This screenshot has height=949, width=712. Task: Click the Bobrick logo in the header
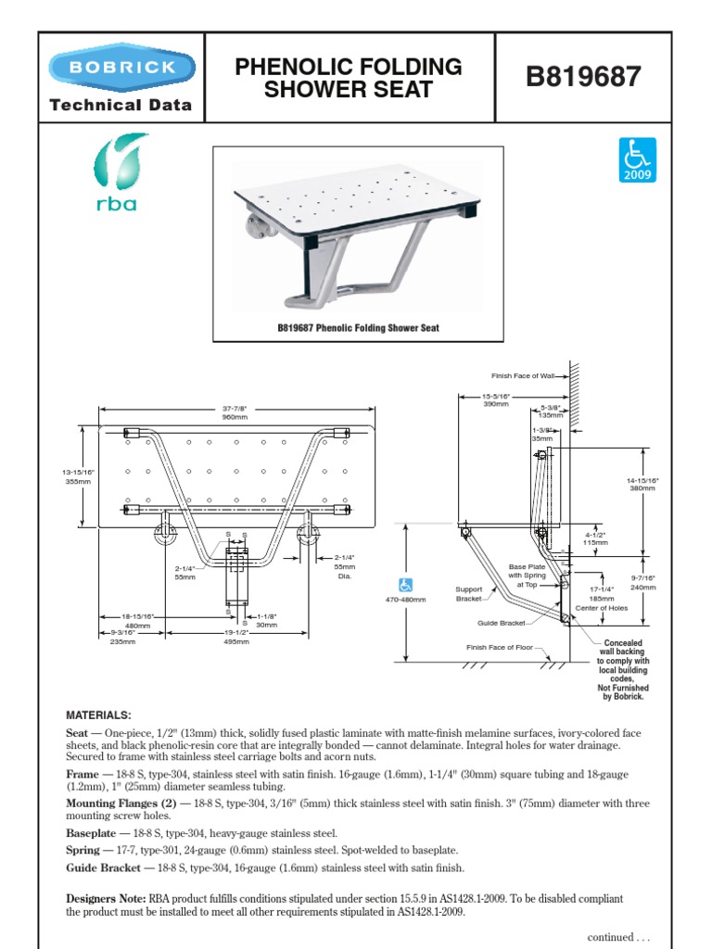121,68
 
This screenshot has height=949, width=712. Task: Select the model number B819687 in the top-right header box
583,77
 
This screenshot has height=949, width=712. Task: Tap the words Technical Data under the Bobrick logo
121,105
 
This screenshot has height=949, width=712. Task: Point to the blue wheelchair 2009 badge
638,159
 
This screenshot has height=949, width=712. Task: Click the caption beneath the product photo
358,328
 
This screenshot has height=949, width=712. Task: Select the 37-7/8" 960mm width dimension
236,413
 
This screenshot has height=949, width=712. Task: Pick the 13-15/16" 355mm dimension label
65,475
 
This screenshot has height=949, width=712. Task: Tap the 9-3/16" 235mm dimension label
123,636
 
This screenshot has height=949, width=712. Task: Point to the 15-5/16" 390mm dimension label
496,399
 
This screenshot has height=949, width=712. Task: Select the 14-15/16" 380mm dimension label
642,483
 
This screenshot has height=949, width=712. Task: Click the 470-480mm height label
406,600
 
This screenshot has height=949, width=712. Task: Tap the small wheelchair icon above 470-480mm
406,585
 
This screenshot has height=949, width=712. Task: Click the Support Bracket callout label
469,593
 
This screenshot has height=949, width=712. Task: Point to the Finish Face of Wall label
522,375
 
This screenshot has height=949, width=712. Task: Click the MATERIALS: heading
99,715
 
